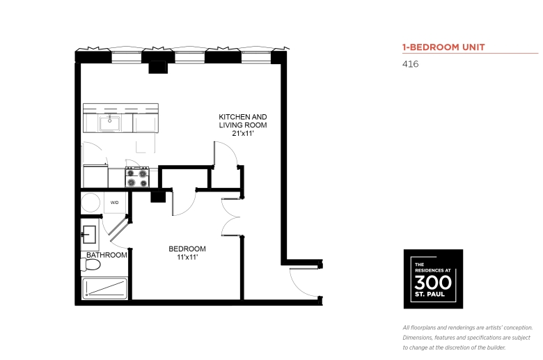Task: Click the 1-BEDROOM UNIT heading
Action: click(x=443, y=47)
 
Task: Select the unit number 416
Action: click(x=410, y=64)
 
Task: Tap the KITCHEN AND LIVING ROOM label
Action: click(x=243, y=121)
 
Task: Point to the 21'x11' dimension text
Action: click(x=243, y=134)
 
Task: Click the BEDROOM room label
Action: click(x=187, y=249)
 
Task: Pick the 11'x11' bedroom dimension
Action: click(x=187, y=257)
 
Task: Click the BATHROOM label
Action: click(x=107, y=255)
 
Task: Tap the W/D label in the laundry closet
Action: click(x=115, y=203)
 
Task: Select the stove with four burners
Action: click(x=137, y=177)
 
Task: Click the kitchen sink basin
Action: click(x=110, y=124)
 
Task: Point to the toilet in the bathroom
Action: click(x=90, y=265)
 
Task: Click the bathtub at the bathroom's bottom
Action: click(x=105, y=288)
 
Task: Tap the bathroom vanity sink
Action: click(x=89, y=235)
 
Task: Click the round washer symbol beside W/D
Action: click(x=90, y=203)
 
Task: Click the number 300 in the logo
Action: click(x=433, y=283)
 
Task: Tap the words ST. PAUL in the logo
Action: click(x=430, y=295)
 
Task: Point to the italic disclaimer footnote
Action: click(x=468, y=338)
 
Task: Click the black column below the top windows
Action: click(x=158, y=68)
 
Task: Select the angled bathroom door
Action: click(x=120, y=229)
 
